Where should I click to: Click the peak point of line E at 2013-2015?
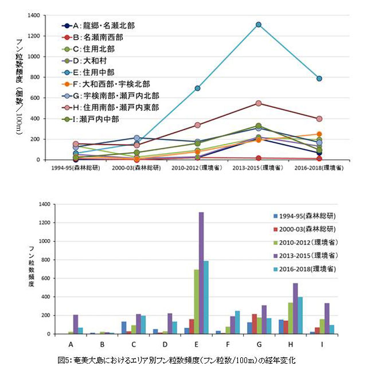coord(259,25)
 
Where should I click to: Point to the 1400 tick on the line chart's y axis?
coord(33,15)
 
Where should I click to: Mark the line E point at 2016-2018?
coord(319,79)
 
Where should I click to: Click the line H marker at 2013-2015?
coord(259,103)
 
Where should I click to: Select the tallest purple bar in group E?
coord(201,272)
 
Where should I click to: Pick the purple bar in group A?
coord(75,324)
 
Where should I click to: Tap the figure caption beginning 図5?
coord(183,359)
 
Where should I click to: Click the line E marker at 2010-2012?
coord(197,88)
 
